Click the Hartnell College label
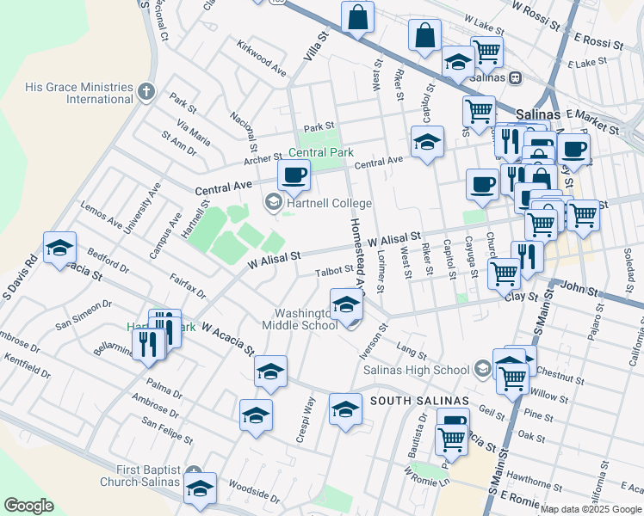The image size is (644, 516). [x=330, y=204]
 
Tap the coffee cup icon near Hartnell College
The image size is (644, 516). [x=294, y=176]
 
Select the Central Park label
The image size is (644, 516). [x=321, y=152]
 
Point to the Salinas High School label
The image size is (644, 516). [x=416, y=370]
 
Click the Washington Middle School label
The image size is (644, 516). [x=307, y=319]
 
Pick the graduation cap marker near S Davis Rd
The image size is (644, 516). [x=59, y=248]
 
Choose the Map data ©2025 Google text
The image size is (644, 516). [x=591, y=509]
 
